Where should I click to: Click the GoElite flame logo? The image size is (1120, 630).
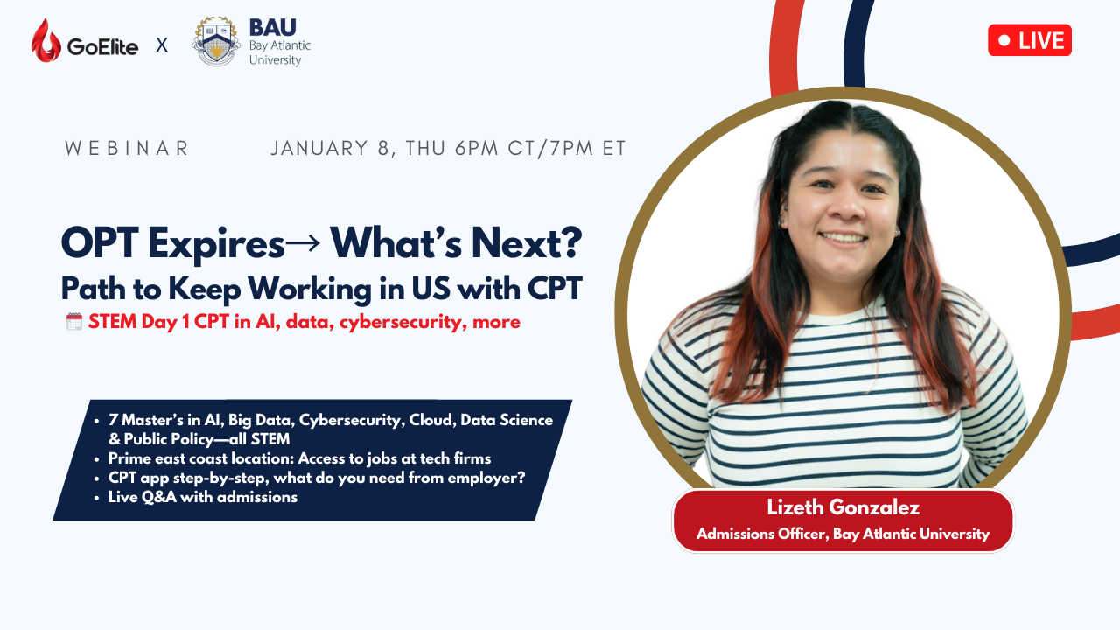(x=46, y=40)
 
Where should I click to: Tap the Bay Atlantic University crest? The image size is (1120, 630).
(x=216, y=41)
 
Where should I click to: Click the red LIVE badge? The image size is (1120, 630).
(x=1030, y=40)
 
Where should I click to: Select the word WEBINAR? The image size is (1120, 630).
(x=127, y=148)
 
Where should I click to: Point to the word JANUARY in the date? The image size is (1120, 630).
(x=319, y=148)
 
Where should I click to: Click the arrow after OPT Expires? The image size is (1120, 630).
(x=302, y=244)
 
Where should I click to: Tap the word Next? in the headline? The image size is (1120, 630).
(x=527, y=243)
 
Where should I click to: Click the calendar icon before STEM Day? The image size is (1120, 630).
(x=74, y=321)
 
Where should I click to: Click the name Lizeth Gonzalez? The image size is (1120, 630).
(x=843, y=507)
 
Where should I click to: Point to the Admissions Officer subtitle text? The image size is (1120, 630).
(x=843, y=534)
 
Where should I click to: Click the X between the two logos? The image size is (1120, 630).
(x=162, y=45)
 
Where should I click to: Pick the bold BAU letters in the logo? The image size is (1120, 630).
(x=272, y=27)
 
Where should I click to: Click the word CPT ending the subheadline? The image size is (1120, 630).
(x=555, y=289)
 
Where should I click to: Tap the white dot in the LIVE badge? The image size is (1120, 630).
(x=1004, y=40)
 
